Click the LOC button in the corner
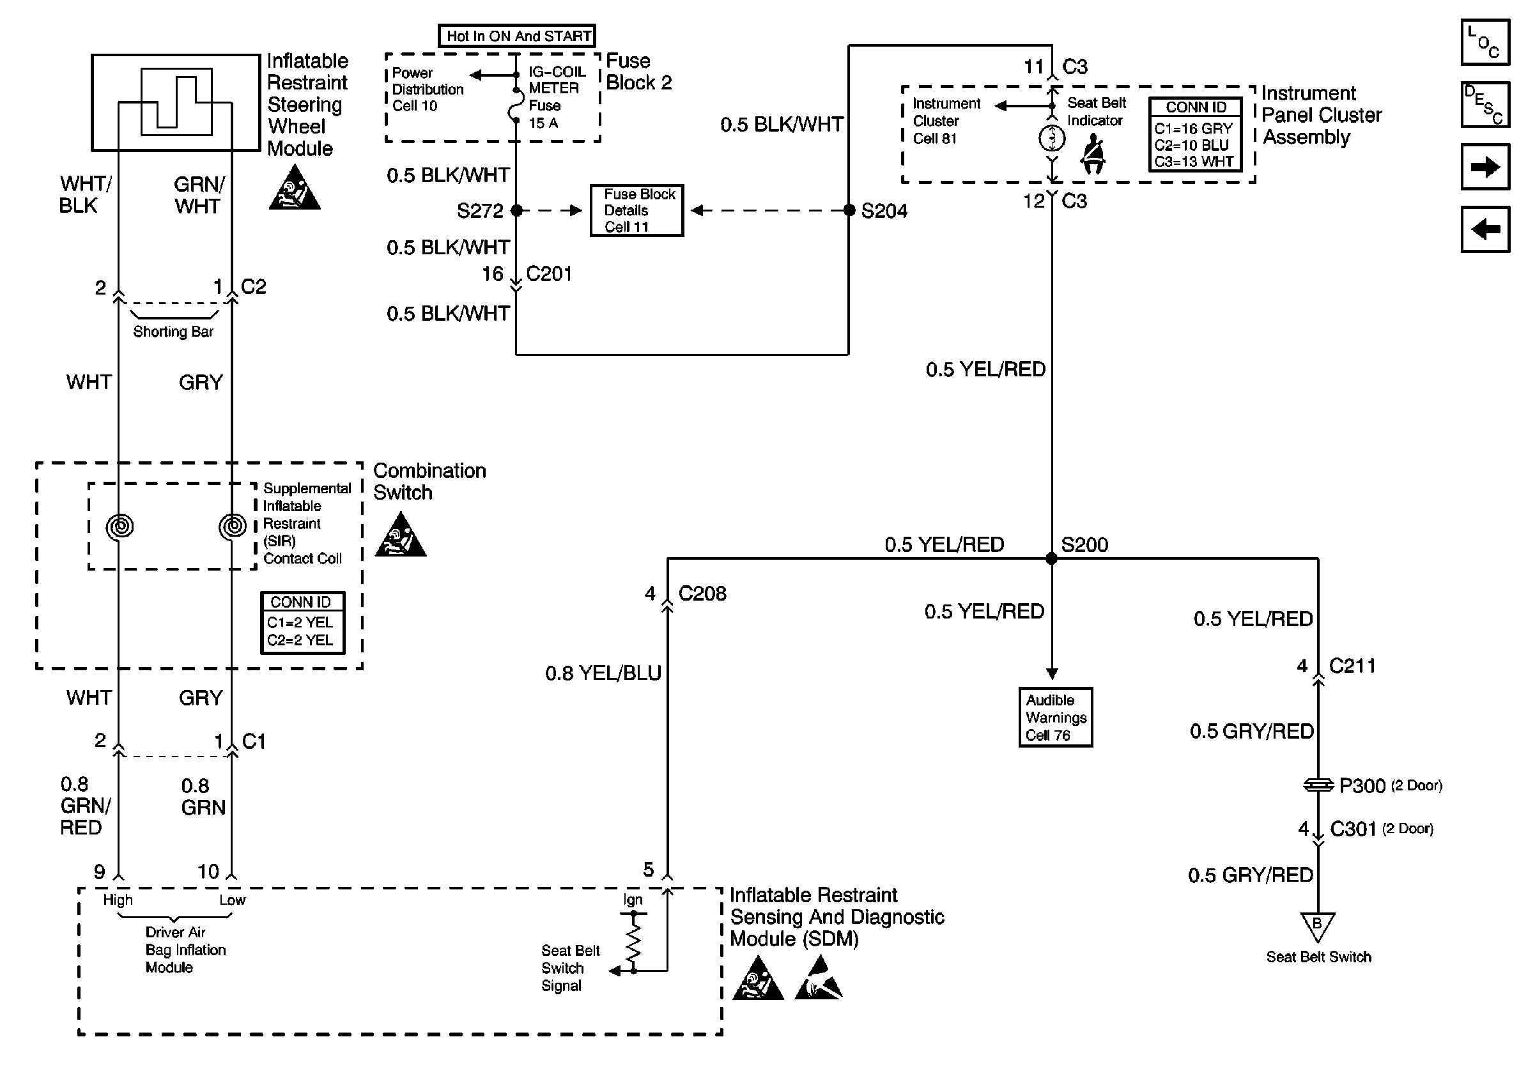click(x=1485, y=42)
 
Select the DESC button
click(x=1485, y=104)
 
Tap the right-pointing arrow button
click(x=1485, y=166)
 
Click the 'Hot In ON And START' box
click(x=517, y=35)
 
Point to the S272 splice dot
click(x=516, y=210)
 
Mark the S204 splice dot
click(x=849, y=210)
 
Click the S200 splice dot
click(x=1052, y=558)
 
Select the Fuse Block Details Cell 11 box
click(x=636, y=210)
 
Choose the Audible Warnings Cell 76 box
click(x=1055, y=717)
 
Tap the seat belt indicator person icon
click(x=1094, y=154)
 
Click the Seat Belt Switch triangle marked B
click(x=1317, y=926)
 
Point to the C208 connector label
click(x=702, y=594)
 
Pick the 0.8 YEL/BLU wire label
click(x=603, y=673)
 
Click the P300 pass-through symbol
click(x=1317, y=785)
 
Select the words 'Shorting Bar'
click(x=173, y=332)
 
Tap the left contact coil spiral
click(x=120, y=526)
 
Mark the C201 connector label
click(x=549, y=274)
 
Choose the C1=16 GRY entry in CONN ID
click(x=1192, y=129)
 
